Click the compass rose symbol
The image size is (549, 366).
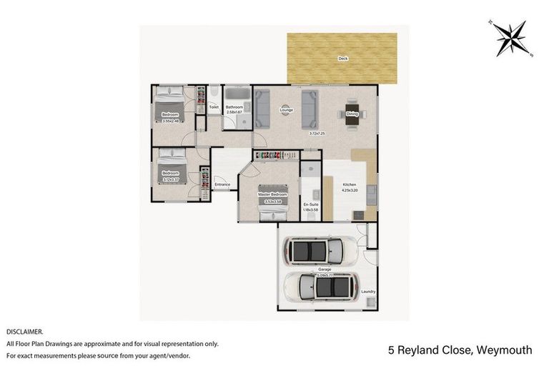click(512, 38)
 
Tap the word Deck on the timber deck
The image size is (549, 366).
click(343, 59)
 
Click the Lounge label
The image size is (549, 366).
click(287, 109)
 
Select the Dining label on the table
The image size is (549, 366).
click(352, 114)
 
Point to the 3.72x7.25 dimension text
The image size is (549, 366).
click(317, 134)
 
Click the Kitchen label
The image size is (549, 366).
click(348, 184)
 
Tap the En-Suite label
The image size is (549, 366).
click(311, 204)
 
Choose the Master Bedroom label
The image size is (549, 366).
click(273, 194)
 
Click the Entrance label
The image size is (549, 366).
click(222, 185)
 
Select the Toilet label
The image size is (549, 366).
click(213, 107)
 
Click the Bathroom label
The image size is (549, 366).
click(235, 107)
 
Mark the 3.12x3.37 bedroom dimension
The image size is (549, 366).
click(170, 179)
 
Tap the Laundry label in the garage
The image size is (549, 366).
click(368, 292)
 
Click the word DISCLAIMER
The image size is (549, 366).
click(25, 332)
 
